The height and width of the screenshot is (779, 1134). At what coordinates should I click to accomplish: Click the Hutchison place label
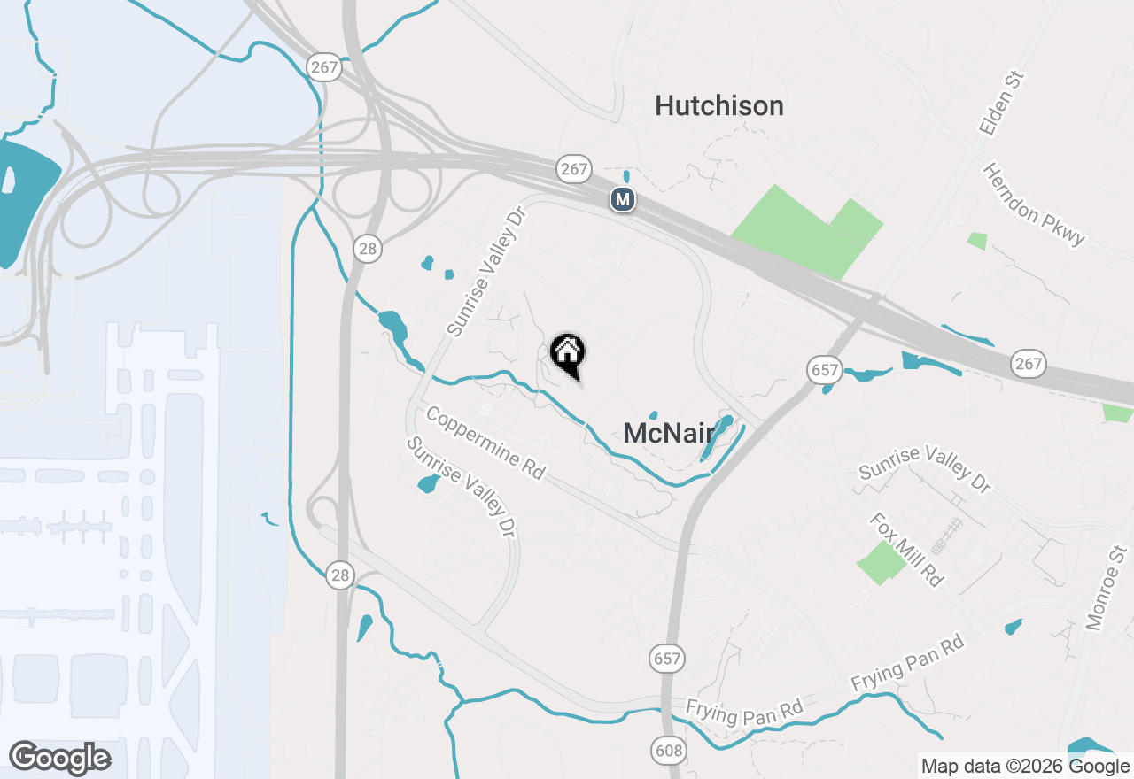click(x=718, y=106)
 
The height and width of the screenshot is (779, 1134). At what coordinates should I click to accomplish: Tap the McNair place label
click(x=668, y=433)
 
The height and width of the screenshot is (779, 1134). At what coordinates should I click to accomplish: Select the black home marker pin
click(x=568, y=354)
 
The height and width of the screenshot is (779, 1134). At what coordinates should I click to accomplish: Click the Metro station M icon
click(x=623, y=199)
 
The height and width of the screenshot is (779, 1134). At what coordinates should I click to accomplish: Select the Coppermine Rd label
click(x=485, y=442)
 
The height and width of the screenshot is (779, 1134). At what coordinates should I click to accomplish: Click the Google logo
click(x=59, y=758)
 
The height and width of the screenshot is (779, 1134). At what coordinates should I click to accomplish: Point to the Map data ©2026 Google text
click(x=1025, y=767)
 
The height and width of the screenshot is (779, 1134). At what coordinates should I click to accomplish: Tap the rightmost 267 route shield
click(x=1029, y=363)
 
